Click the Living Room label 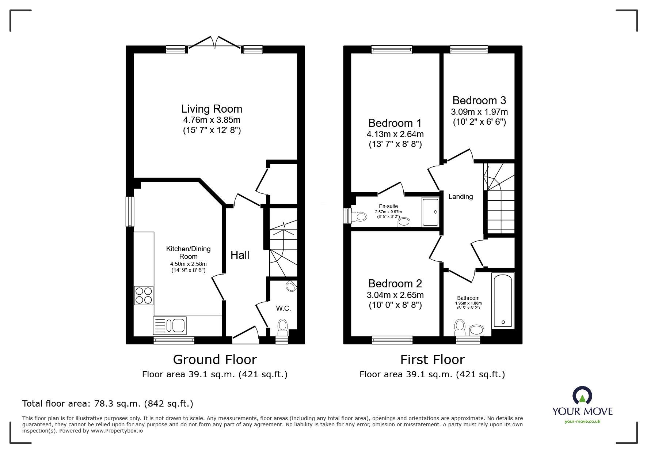[212, 109]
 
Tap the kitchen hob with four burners [144, 295]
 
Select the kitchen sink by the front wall [170, 325]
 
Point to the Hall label [240, 255]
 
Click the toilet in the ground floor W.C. [283, 328]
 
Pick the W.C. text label [283, 309]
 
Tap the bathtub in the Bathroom [503, 300]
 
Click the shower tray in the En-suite [430, 212]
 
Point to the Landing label [460, 197]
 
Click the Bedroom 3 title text [479, 100]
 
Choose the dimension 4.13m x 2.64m [395, 134]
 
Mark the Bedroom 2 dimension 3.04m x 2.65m [395, 295]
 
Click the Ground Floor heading [215, 360]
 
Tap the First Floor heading [432, 360]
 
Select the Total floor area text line [108, 404]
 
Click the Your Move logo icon [582, 396]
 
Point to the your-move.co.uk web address [582, 422]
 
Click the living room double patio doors [214, 42]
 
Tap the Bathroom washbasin [476, 331]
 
